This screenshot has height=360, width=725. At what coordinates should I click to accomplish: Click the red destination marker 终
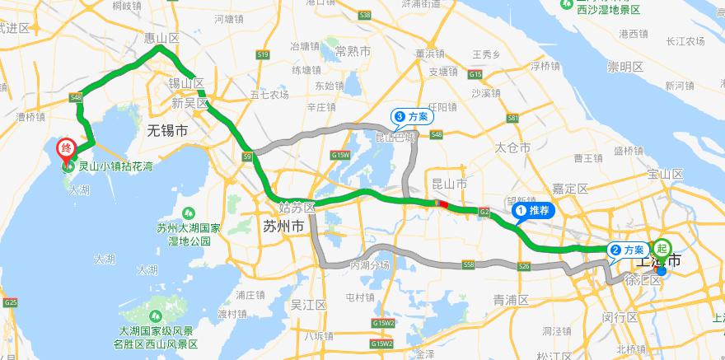pyautogui.click(x=67, y=150)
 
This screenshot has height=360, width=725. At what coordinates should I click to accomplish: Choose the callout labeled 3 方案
pyautogui.click(x=412, y=117)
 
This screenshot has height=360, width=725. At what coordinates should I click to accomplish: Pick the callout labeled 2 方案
pyautogui.click(x=628, y=249)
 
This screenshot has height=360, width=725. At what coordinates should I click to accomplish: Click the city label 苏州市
pyautogui.click(x=282, y=226)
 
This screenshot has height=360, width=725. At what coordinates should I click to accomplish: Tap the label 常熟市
pyautogui.click(x=353, y=51)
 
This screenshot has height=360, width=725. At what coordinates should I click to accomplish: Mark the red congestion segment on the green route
pyautogui.click(x=444, y=205)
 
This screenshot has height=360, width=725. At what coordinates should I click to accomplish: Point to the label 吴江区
pyautogui.click(x=309, y=305)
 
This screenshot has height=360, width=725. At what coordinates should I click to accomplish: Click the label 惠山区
pyautogui.click(x=161, y=38)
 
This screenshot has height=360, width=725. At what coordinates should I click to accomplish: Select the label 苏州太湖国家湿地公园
pyautogui.click(x=188, y=234)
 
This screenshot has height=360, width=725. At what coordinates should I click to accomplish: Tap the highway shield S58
pyautogui.click(x=469, y=264)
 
